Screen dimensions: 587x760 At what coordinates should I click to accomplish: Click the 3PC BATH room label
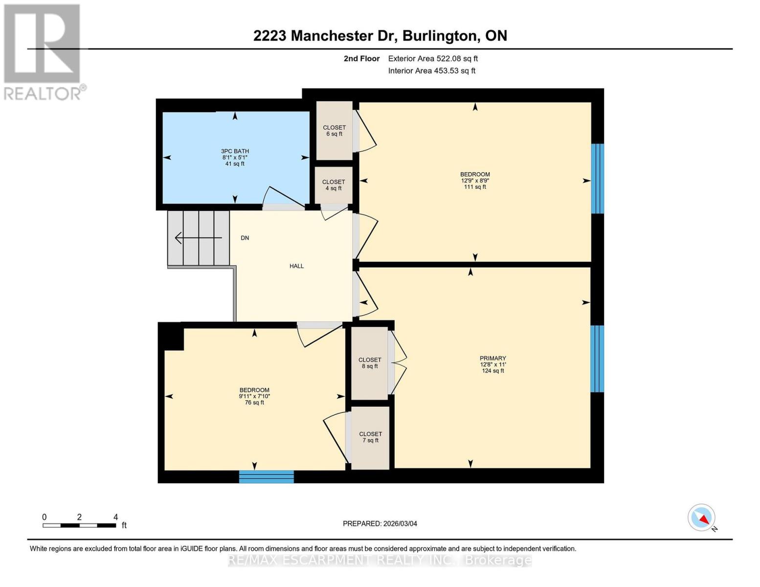click(x=235, y=151)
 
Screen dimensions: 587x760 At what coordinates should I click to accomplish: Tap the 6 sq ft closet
click(x=334, y=131)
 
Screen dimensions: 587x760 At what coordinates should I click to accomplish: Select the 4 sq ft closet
click(x=334, y=185)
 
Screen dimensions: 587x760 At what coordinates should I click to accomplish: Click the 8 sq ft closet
click(x=369, y=362)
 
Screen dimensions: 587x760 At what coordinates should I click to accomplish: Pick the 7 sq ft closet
click(x=370, y=437)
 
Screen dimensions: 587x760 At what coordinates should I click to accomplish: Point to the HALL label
click(x=296, y=266)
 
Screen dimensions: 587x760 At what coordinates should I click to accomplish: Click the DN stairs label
click(x=245, y=238)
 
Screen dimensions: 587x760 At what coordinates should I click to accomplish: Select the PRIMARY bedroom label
click(x=492, y=358)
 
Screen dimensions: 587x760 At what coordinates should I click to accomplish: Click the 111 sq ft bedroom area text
click(x=475, y=187)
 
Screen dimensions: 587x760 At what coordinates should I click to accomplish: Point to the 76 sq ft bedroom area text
click(x=254, y=403)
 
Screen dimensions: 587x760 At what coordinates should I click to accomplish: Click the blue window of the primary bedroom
click(x=597, y=359)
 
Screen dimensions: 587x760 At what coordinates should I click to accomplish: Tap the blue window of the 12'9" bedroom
click(x=597, y=179)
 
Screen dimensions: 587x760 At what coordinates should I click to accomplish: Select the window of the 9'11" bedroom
click(x=266, y=477)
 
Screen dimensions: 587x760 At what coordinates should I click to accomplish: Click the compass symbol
click(x=702, y=518)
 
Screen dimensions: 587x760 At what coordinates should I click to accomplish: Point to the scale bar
click(x=79, y=525)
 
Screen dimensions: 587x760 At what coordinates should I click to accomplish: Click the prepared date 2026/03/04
click(x=380, y=523)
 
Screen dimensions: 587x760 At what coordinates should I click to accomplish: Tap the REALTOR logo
click(x=43, y=51)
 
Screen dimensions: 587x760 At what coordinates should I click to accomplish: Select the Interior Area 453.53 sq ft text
click(x=431, y=71)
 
